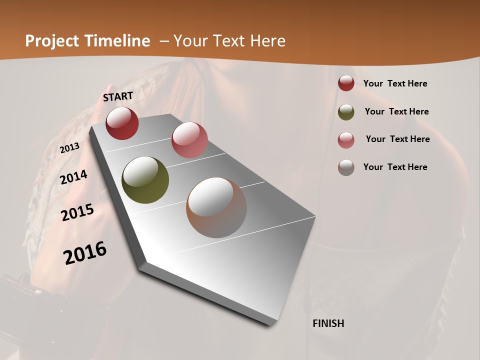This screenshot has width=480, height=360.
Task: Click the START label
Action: point(118,96)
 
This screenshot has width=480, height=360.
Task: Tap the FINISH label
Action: point(328,323)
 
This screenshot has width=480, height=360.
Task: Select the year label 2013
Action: point(70,147)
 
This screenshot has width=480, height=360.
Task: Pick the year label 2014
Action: point(74,177)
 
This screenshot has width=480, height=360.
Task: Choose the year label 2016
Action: point(85,252)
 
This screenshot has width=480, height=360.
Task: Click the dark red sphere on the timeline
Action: point(122,123)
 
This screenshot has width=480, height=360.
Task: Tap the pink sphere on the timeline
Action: point(189,140)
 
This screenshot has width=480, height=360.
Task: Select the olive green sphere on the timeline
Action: point(145,180)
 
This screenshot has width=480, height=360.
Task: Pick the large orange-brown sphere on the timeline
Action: point(216,207)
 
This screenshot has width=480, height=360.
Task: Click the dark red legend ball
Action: point(346,83)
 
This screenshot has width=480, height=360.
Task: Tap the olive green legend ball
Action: point(346,112)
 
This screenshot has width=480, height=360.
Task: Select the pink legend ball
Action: point(346,140)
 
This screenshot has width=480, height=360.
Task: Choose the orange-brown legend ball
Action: point(346,167)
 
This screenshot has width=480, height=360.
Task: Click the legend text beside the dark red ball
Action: point(395,84)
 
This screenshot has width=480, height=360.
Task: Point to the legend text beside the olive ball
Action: point(396,111)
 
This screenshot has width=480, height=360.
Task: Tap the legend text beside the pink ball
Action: point(397,139)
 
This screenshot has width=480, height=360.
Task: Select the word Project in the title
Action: point(52,41)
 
